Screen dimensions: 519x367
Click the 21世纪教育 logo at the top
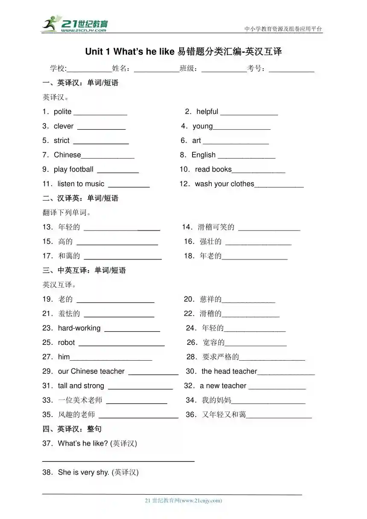tap(75, 24)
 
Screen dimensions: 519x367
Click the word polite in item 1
tap(63, 112)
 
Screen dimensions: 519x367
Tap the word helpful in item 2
tap(207, 112)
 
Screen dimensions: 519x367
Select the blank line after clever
tap(101, 128)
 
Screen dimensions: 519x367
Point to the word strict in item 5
tap(61, 141)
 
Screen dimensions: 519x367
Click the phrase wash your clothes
tap(224, 184)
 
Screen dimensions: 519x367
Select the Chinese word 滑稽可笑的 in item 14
tap(216, 227)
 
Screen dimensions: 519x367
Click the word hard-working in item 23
tap(79, 328)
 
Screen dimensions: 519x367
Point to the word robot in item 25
tap(66, 343)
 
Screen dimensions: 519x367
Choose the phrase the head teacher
tap(229, 371)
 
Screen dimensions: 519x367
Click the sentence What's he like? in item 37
tap(83, 443)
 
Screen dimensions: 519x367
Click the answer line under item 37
tap(118, 461)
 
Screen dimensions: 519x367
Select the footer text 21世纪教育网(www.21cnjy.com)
tap(183, 501)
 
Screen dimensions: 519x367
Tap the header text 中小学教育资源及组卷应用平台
tap(283, 29)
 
